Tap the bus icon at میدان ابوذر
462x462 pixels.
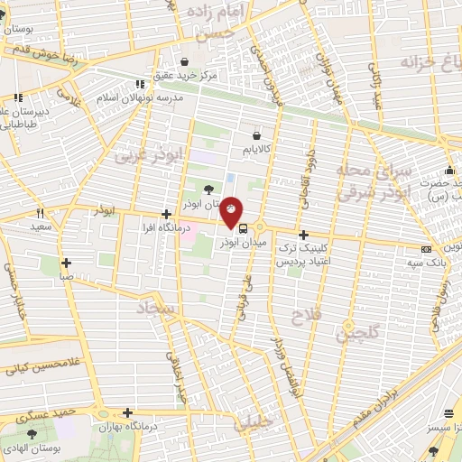click(241, 227)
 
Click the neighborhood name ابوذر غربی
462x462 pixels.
click(148, 155)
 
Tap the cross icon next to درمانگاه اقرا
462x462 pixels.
click(165, 215)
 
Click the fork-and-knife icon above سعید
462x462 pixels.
click(40, 214)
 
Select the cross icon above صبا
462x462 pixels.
click(67, 263)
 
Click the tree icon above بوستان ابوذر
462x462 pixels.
click(209, 189)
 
